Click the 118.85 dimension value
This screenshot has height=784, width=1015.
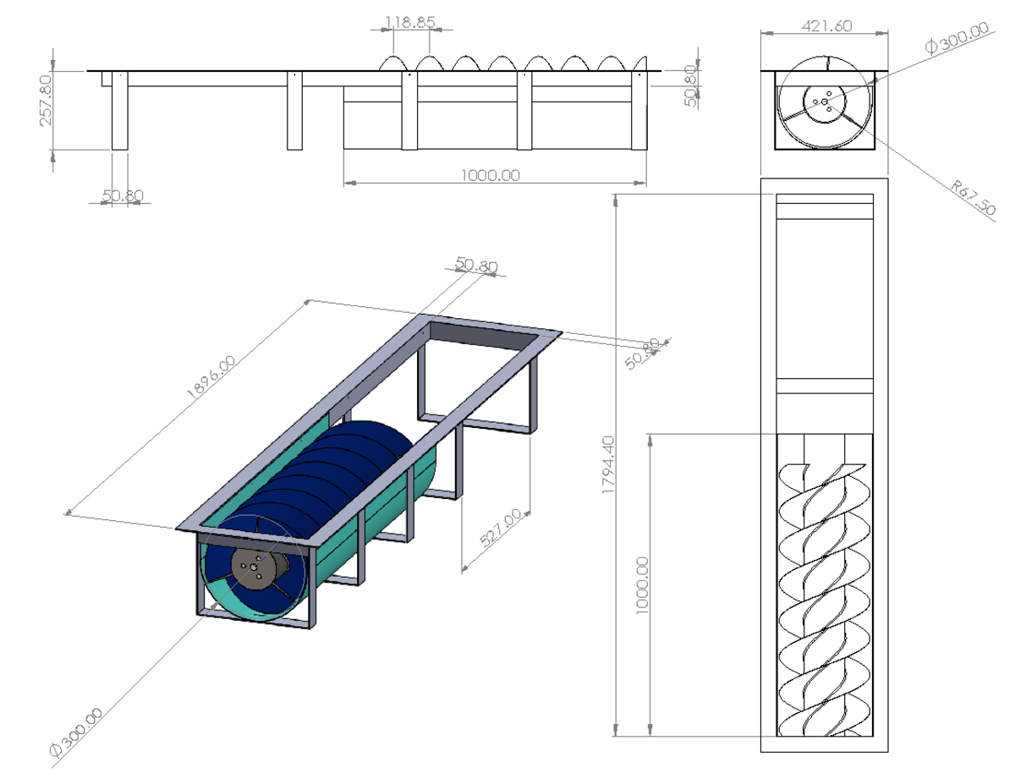[x=409, y=23]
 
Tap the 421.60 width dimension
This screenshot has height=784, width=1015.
[x=826, y=26]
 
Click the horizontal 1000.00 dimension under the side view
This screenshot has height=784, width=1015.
[x=491, y=175]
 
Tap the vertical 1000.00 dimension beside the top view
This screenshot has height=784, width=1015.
[x=642, y=584]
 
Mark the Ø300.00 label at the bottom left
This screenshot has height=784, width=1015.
[x=76, y=732]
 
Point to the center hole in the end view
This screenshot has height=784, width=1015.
[x=825, y=102]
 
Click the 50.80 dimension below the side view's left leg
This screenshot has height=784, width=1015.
[x=123, y=196]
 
